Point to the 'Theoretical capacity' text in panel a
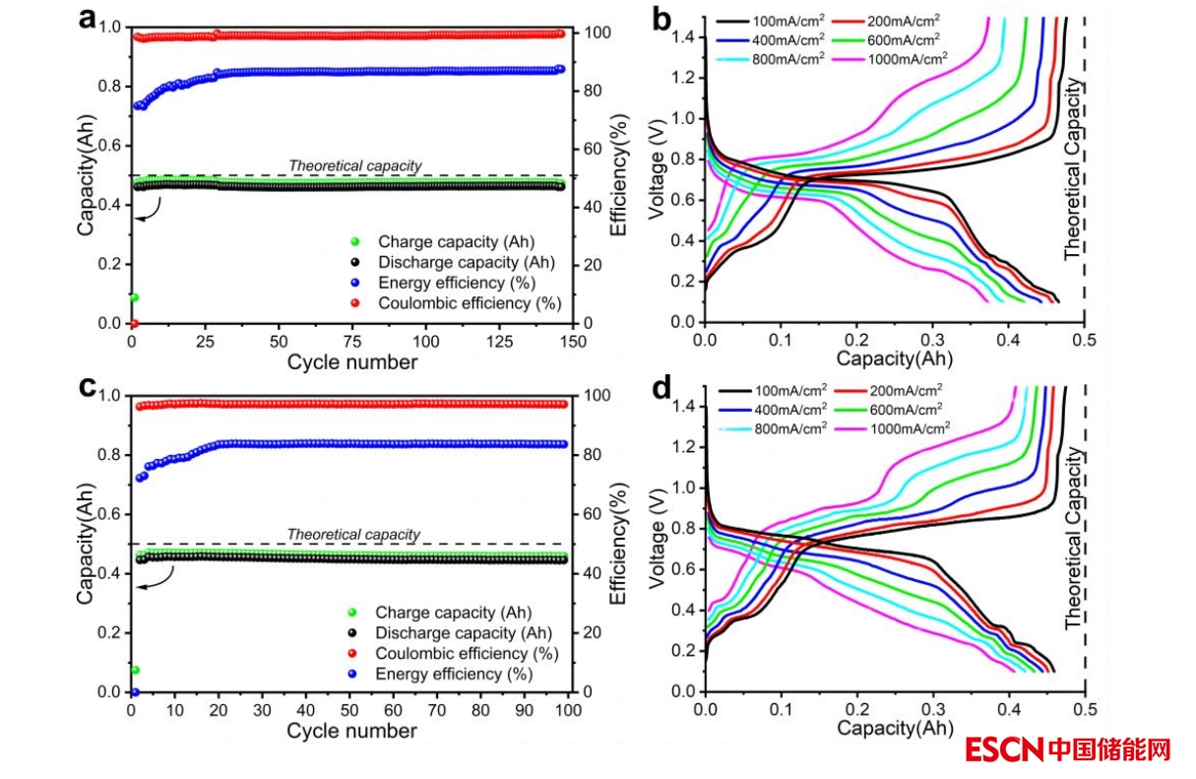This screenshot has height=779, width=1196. click(x=354, y=166)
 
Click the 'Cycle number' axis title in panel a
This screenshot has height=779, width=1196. click(x=351, y=362)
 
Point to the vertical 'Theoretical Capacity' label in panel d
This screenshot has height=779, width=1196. click(x=1074, y=539)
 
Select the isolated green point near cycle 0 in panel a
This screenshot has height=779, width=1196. click(x=134, y=297)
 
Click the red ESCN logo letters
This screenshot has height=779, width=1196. click(x=1003, y=750)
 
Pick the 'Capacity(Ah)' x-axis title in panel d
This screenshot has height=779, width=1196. click(x=896, y=729)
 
